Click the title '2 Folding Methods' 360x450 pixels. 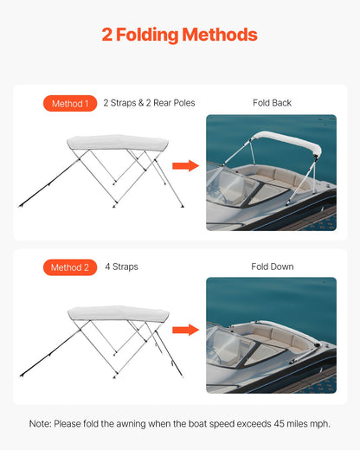point(179,35)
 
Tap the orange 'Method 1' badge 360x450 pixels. point(69,104)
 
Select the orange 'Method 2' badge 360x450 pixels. point(69,267)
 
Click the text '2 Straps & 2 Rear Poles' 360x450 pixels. point(149,103)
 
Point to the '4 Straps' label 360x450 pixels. point(121,267)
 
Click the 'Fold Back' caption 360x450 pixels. point(272,103)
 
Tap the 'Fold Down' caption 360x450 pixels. point(272,267)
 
